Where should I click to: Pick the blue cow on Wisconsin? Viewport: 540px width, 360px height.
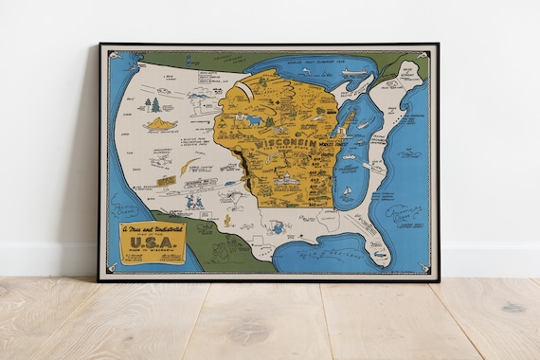(254, 120)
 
